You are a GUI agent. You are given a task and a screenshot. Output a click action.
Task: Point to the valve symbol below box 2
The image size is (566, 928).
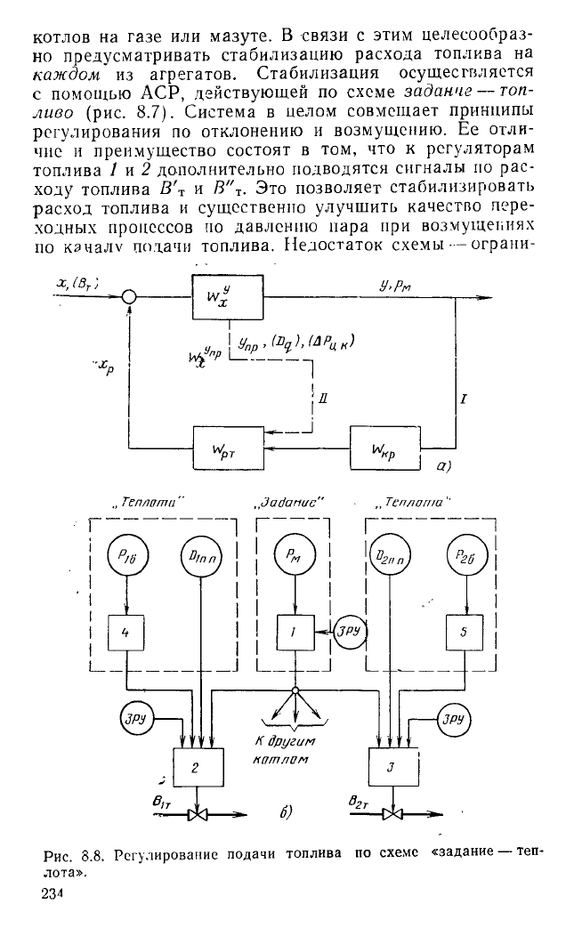200,812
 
